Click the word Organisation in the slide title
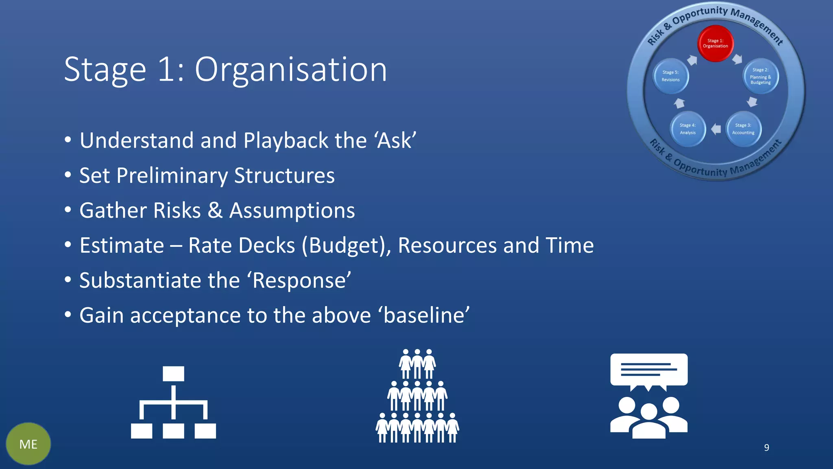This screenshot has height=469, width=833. [x=291, y=70]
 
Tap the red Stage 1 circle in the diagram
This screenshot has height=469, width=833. [x=715, y=43]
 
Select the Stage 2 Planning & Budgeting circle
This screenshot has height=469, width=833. [x=761, y=76]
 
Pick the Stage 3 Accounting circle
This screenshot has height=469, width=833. [x=743, y=129]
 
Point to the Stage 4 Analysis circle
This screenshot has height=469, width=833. [x=688, y=129]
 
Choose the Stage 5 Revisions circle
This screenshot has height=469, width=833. [x=671, y=76]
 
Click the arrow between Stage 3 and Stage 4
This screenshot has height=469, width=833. [x=716, y=129]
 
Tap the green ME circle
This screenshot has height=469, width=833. [x=28, y=444]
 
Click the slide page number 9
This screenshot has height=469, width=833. [x=766, y=447]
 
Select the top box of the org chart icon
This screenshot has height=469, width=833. [x=173, y=373]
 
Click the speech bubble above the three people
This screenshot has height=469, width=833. [x=649, y=370]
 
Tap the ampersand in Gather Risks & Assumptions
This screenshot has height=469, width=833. [x=215, y=211]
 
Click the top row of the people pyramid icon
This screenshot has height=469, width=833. [x=417, y=363]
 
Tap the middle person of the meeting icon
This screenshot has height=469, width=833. [x=649, y=421]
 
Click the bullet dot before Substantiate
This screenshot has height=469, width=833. [x=68, y=280]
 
